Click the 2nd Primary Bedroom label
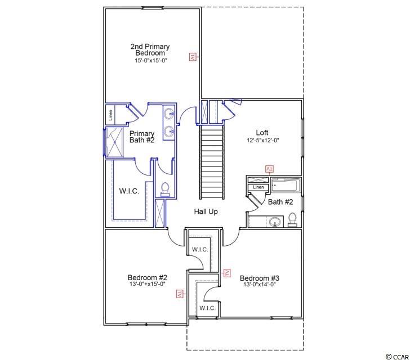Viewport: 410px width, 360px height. (150, 49)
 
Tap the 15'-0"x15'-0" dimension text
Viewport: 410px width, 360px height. (151, 61)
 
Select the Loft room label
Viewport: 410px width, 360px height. (262, 132)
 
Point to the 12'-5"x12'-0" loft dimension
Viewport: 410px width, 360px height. (263, 140)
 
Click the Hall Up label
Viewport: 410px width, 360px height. (206, 211)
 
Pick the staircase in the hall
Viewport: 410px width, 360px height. (212, 162)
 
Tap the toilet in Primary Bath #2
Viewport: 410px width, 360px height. (165, 189)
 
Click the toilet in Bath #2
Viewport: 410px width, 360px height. (292, 219)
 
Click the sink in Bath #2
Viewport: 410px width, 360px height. (275, 222)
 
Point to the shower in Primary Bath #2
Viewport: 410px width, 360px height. (114, 142)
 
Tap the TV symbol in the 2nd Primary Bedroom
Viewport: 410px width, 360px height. (193, 57)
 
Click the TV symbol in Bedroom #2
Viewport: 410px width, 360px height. (179, 294)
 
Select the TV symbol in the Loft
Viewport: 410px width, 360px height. (269, 169)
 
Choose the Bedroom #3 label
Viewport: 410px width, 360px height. (260, 278)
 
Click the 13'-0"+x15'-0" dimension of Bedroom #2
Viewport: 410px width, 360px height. (146, 284)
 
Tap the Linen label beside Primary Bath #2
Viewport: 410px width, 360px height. (110, 115)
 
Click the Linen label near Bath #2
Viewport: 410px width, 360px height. (259, 187)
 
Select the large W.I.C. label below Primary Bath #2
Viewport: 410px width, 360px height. (129, 191)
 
